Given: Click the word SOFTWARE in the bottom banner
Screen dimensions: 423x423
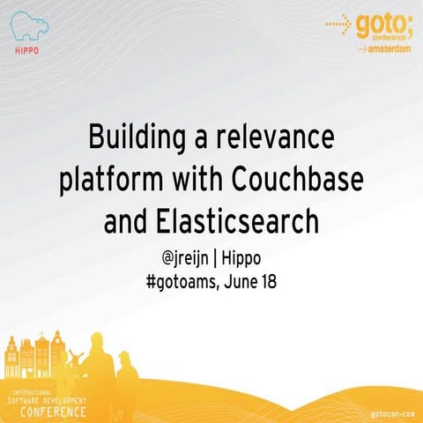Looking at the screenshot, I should point(28,399).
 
